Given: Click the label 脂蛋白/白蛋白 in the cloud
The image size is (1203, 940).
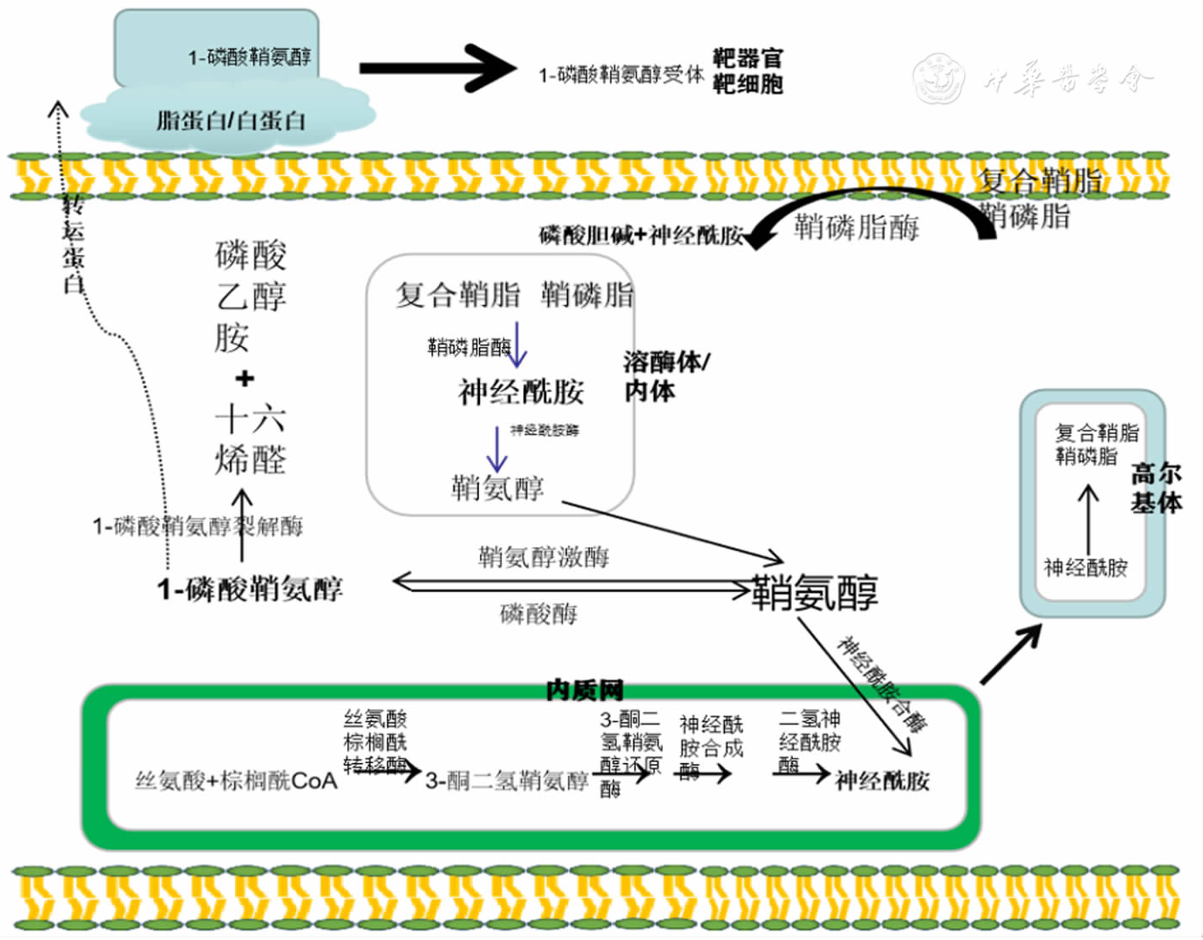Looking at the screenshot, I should click(230, 121).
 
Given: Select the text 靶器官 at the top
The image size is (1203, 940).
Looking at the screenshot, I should click(747, 58).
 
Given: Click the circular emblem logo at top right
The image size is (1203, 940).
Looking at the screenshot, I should click(938, 78).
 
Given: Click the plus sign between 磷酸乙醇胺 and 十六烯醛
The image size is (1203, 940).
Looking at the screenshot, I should click(245, 378).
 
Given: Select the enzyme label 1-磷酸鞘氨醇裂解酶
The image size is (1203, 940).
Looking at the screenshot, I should click(197, 527).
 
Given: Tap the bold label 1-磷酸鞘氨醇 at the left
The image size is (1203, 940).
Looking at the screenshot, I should click(249, 589).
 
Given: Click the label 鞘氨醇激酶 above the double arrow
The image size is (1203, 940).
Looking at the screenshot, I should click(544, 557).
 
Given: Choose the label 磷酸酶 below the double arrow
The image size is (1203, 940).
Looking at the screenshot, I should click(539, 613).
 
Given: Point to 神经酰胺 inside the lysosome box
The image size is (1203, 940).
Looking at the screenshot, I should click(521, 392).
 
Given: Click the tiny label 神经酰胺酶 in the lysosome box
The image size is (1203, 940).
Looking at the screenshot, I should click(544, 430).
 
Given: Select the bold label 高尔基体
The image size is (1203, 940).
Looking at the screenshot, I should click(1155, 488).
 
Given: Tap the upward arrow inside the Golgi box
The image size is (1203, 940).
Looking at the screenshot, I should click(1088, 519).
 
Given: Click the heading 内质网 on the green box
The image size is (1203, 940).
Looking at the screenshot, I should click(584, 690).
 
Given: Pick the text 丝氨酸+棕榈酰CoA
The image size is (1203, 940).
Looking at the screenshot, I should click(237, 780).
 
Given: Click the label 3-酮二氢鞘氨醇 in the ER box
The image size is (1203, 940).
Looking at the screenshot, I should click(506, 781).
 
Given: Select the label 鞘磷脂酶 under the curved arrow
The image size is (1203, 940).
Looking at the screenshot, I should click(857, 228).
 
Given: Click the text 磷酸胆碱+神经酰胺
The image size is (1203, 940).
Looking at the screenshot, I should click(641, 236).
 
